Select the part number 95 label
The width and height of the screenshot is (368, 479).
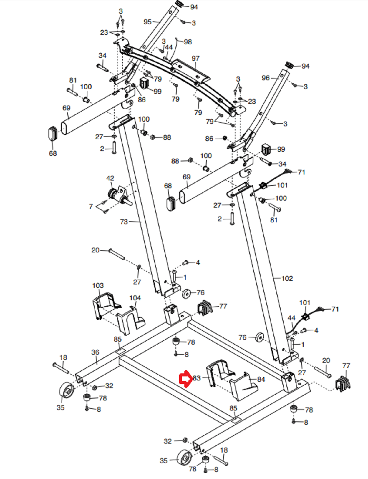148,22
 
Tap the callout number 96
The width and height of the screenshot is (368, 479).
266,78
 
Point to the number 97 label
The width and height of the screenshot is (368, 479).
195,58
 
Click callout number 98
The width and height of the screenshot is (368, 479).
188,42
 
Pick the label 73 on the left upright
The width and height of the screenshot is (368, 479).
124,222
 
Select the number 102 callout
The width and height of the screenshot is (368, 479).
287,278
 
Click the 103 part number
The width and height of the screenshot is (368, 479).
98,285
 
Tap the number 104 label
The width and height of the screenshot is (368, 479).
135,298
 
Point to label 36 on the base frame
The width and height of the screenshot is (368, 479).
95,352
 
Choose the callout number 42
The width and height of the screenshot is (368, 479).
110,178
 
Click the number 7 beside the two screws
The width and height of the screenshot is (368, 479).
91,207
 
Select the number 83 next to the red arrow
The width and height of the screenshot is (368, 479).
197,378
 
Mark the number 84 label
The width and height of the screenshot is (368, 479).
261,379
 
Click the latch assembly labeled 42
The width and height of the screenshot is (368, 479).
119,196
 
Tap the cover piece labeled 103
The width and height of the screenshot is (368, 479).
106,305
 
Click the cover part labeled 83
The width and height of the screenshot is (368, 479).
220,372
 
